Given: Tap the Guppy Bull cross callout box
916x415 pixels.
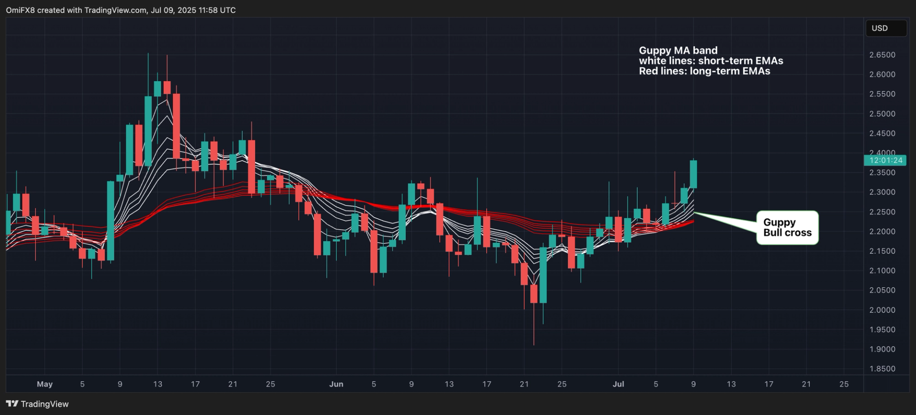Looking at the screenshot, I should tap(787, 228).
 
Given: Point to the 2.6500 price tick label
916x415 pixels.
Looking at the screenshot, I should tap(882, 55).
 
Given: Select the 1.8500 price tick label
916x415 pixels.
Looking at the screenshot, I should tap(882, 369).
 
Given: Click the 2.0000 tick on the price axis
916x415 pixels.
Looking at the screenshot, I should tap(882, 310).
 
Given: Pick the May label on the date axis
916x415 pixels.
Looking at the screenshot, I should tap(44, 384).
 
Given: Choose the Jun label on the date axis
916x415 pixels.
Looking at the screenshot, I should tap(336, 384).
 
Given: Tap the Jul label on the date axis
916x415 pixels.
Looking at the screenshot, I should tap(618, 384).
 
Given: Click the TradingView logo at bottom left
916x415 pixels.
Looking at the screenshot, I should tap(37, 404).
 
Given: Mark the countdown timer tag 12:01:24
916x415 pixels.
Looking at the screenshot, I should tap(885, 161).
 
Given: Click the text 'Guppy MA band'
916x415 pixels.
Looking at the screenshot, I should tap(678, 51).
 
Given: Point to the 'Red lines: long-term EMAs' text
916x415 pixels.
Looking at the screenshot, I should tap(704, 71).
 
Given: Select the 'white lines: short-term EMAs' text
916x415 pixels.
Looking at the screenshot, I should tap(711, 61).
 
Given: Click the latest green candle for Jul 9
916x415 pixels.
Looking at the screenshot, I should tap(693, 174).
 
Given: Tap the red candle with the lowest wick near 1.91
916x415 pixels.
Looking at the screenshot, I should tap(534, 294).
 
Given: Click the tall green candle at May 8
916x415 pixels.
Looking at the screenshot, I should tap(110, 221).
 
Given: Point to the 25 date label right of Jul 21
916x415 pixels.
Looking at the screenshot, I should tap(843, 384).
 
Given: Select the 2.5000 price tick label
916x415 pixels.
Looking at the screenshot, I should tap(882, 114).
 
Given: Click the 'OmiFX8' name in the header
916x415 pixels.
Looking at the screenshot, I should tap(20, 10).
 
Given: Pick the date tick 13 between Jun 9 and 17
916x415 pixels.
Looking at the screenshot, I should tap(449, 384).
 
